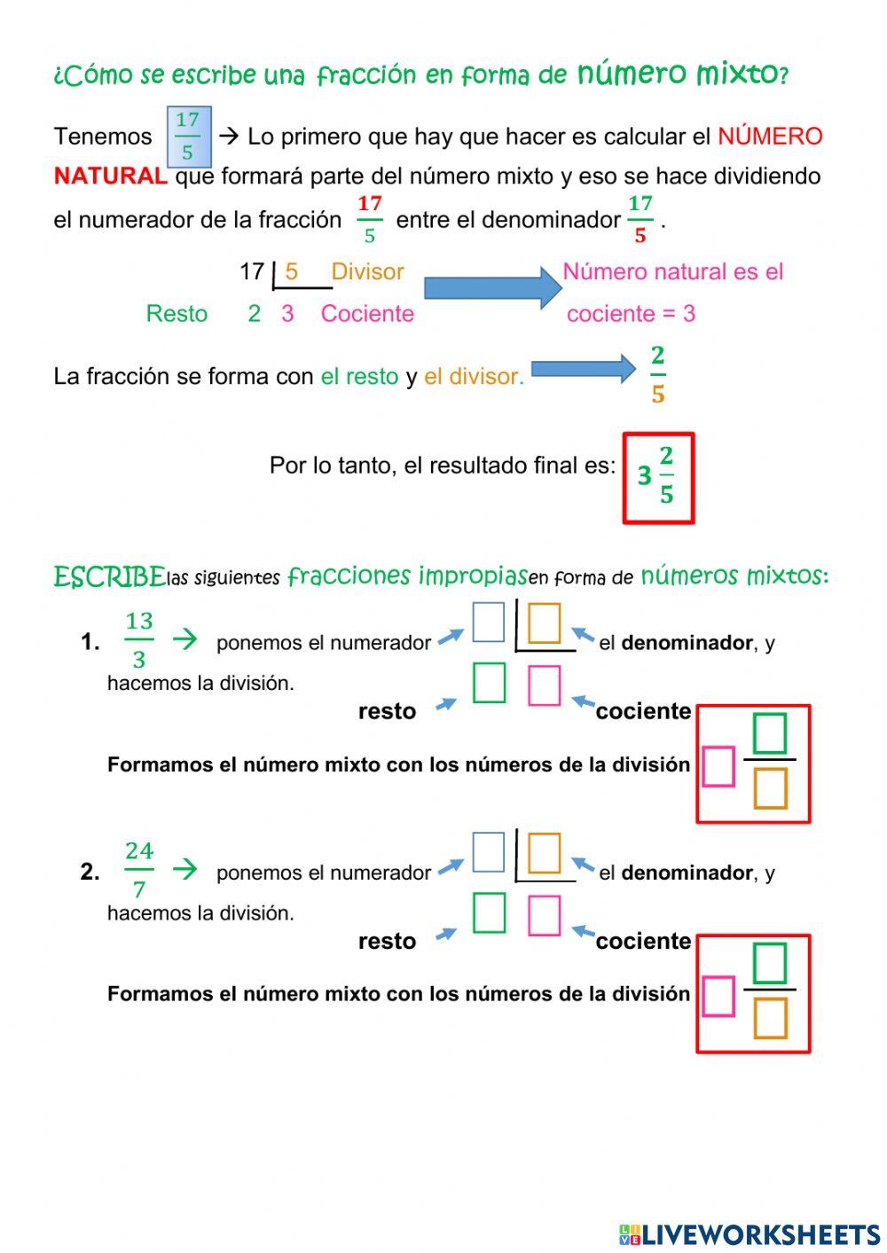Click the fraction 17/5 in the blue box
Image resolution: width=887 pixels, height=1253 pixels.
[188, 137]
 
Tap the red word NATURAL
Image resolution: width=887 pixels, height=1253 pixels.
[110, 176]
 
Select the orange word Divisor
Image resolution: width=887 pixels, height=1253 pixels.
[367, 271]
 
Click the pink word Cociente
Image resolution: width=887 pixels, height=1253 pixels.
[367, 313]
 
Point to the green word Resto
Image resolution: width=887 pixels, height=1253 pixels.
[177, 313]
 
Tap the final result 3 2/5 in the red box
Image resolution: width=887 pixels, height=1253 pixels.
[658, 477]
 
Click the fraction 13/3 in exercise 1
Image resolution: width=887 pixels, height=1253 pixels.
[139, 639]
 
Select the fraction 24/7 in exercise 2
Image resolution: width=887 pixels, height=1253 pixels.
[139, 869]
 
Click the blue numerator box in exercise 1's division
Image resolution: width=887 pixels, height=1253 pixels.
[488, 622]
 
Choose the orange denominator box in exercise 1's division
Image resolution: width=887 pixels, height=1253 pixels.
[544, 623]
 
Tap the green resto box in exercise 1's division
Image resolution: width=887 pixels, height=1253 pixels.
[489, 683]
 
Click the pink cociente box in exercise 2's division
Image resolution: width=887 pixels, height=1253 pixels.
[544, 916]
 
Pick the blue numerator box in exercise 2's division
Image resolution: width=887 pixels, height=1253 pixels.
[488, 852]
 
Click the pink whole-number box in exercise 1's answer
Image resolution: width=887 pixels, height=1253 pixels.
[718, 766]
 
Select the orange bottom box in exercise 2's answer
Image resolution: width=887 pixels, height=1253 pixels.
[770, 1018]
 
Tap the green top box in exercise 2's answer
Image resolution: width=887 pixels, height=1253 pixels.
[769, 963]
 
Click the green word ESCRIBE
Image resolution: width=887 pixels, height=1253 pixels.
[109, 577]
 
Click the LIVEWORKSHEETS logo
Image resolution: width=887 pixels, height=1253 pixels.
[750, 1233]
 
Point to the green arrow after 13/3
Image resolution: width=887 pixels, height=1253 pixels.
[184, 639]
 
